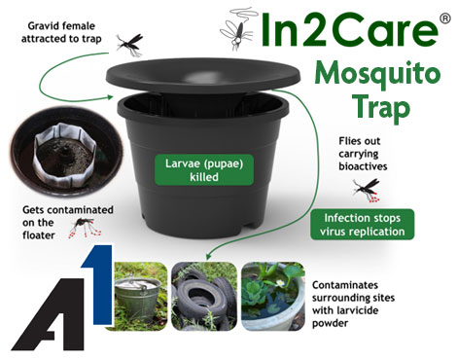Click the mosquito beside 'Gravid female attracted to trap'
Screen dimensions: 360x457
(x=129, y=44)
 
